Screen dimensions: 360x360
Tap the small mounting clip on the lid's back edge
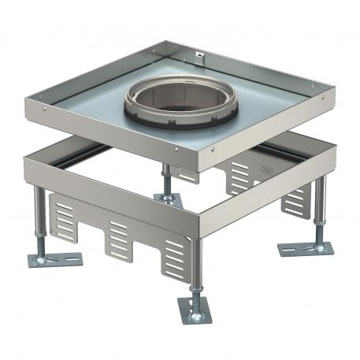pos(199,58)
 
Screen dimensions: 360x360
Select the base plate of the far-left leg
pos(55,258)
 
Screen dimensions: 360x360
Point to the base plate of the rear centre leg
pos(169,200)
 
